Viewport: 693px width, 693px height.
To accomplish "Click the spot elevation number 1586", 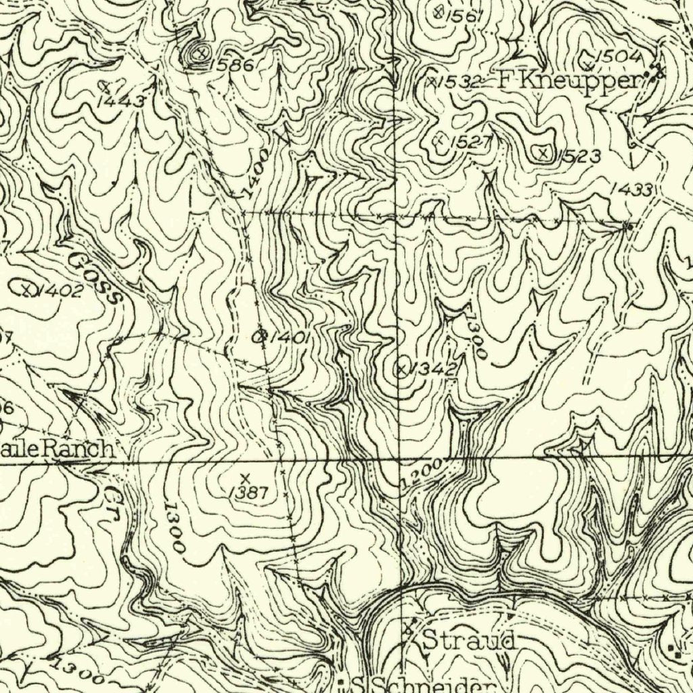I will (232, 65).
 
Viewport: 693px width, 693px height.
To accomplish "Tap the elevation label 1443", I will (121, 102).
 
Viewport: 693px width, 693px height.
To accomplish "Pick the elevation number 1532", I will (459, 82).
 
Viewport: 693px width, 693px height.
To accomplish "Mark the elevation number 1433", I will (631, 190).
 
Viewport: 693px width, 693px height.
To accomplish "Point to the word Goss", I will (95, 278).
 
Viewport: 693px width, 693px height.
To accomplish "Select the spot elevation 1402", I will (60, 292).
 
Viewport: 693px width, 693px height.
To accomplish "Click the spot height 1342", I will (434, 369).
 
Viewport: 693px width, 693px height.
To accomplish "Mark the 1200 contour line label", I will (422, 474).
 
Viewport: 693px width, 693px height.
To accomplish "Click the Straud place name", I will (468, 639).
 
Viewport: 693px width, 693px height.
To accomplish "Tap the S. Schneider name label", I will (420, 684).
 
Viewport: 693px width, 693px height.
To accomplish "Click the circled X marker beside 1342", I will (402, 369).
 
